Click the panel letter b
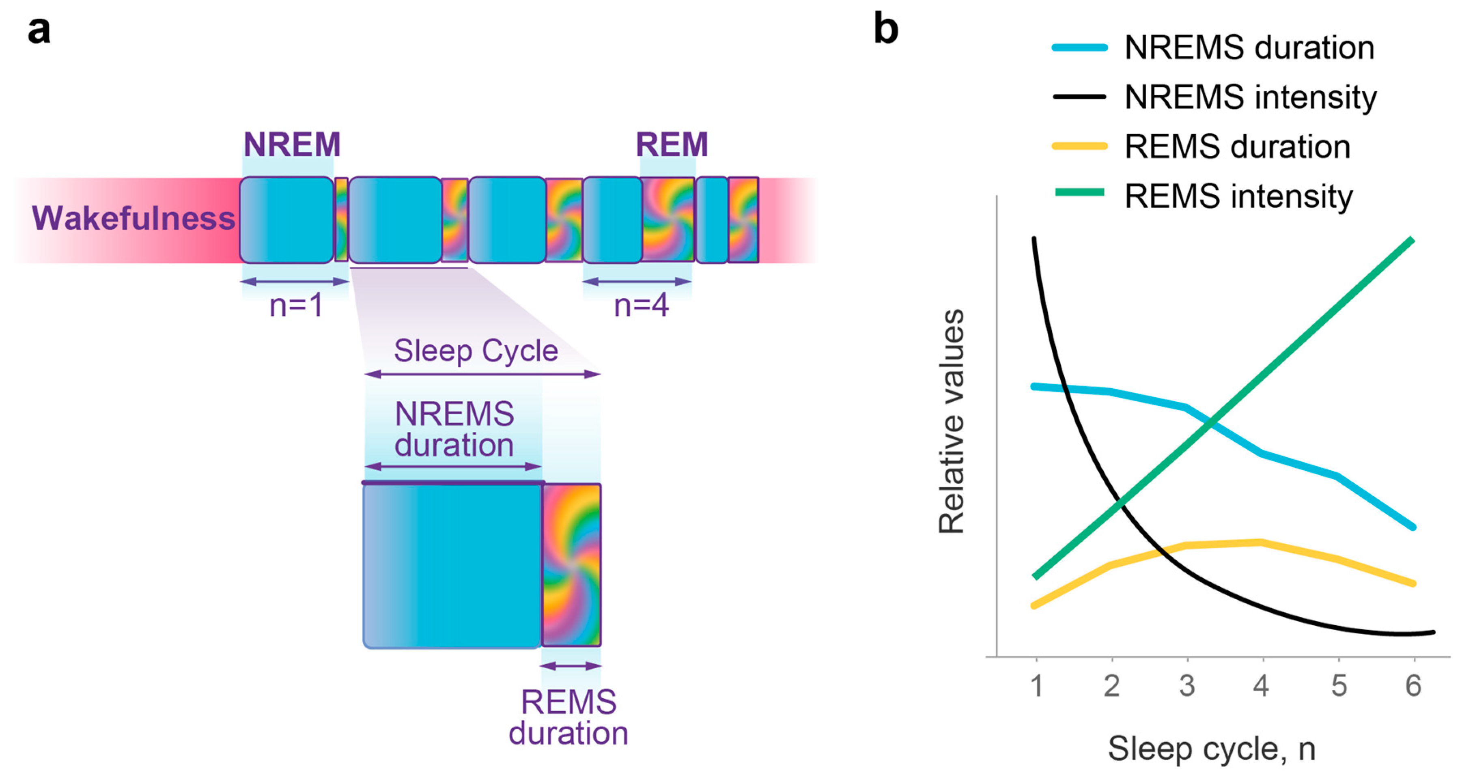[x=885, y=30]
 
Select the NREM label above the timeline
[x=292, y=145]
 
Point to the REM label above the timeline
[x=672, y=145]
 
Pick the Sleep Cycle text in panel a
[x=476, y=351]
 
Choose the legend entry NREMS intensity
[x=1250, y=97]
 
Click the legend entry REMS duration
[x=1237, y=147]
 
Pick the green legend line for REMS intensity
[x=1079, y=193]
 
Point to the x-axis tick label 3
[x=1187, y=686]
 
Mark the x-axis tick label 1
[x=1036, y=686]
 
